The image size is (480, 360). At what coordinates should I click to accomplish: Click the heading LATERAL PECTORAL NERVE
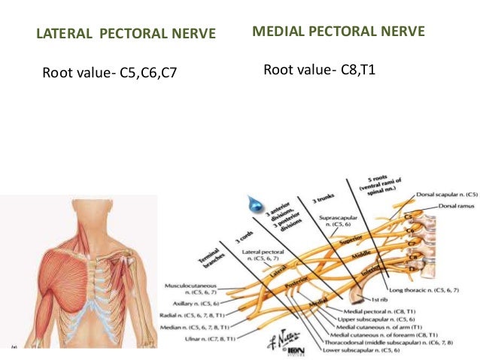click(126, 34)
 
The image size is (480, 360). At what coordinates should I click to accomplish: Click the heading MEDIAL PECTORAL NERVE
click(339, 32)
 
